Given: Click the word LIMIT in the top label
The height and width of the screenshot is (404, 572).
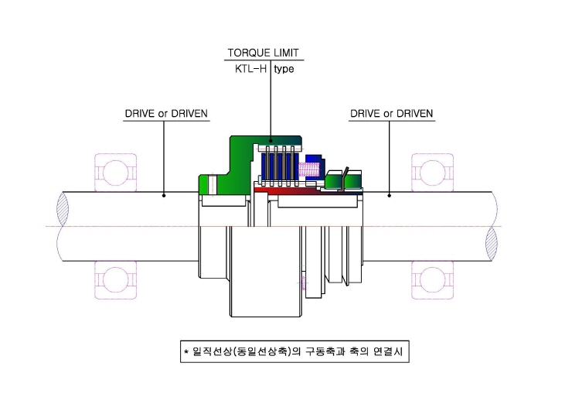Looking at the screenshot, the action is [286, 53].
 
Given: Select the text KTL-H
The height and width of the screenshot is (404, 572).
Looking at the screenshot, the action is [250, 69].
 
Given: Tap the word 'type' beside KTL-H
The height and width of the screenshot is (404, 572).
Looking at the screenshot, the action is [284, 69].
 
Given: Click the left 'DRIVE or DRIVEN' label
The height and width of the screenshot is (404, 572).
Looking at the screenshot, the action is [166, 114].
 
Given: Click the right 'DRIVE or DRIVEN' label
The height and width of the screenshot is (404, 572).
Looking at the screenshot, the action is [391, 114].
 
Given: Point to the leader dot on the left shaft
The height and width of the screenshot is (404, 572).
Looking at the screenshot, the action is [164, 196].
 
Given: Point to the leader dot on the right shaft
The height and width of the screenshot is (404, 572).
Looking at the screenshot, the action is [390, 196].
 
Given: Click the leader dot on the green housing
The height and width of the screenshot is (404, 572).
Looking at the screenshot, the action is [271, 140].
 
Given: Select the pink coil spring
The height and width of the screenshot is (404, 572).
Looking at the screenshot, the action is [309, 169].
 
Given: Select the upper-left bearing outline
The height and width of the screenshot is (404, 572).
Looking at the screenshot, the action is [116, 172].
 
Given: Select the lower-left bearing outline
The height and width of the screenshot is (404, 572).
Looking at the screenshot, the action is [116, 280].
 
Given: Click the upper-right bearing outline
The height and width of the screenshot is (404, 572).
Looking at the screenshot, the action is [433, 172].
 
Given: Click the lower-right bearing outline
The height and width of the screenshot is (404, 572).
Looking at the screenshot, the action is [433, 280].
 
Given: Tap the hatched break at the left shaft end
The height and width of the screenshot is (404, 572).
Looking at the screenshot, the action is [63, 209].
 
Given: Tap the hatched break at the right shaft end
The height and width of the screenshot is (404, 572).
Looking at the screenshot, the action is [492, 242].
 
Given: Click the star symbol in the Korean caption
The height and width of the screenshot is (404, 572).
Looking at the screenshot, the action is [186, 352].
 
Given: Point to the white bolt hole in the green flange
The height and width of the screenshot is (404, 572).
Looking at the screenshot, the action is [213, 184].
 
